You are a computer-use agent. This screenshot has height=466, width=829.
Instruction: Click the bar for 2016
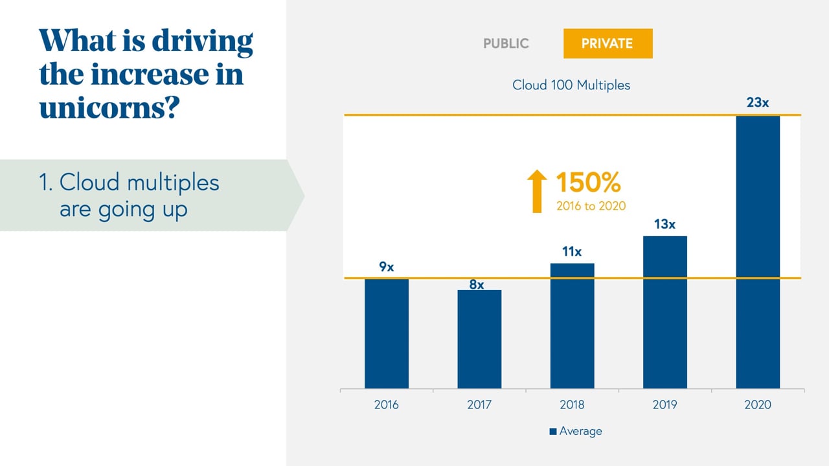(x=387, y=333)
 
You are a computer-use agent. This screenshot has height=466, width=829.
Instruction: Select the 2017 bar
(x=479, y=339)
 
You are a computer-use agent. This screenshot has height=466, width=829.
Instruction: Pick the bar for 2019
(x=664, y=312)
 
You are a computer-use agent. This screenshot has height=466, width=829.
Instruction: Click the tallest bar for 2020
(x=758, y=252)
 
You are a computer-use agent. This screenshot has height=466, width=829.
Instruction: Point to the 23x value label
(x=758, y=103)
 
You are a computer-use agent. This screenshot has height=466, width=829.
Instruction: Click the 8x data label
(x=477, y=284)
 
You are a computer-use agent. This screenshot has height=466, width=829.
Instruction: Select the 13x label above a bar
(x=664, y=225)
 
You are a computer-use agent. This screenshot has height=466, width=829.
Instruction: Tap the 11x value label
(x=572, y=252)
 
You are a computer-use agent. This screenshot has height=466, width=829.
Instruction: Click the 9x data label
(x=387, y=267)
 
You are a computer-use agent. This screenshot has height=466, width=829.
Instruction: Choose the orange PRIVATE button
(x=608, y=44)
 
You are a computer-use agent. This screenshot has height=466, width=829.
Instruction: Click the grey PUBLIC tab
(x=506, y=44)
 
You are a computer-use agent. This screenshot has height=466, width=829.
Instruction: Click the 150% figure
(x=588, y=183)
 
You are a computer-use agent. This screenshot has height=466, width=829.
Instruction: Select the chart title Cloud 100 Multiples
(x=571, y=85)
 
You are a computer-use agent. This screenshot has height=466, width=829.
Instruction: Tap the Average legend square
(x=553, y=431)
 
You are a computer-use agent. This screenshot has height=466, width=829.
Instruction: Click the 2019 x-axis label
(x=664, y=405)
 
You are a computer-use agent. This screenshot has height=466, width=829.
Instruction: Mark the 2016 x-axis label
(x=387, y=405)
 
